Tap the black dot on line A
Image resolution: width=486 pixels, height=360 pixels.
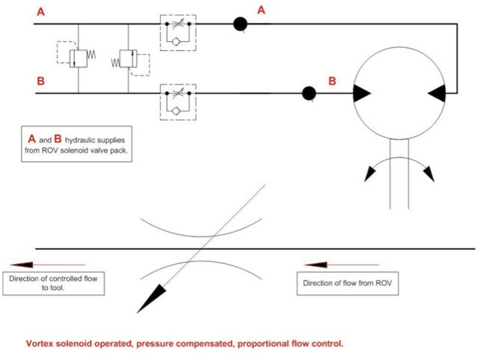coord(240,24)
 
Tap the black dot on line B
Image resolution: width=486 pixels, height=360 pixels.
coord(307,94)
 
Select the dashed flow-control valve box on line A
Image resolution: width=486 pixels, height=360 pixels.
coord(178,31)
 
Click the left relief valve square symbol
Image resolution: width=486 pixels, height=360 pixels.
coord(77,58)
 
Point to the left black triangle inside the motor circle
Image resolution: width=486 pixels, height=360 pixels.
coord(360,93)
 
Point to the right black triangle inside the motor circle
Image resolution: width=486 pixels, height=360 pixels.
coord(438,93)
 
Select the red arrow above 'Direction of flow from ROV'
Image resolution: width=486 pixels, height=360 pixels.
coord(327,264)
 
